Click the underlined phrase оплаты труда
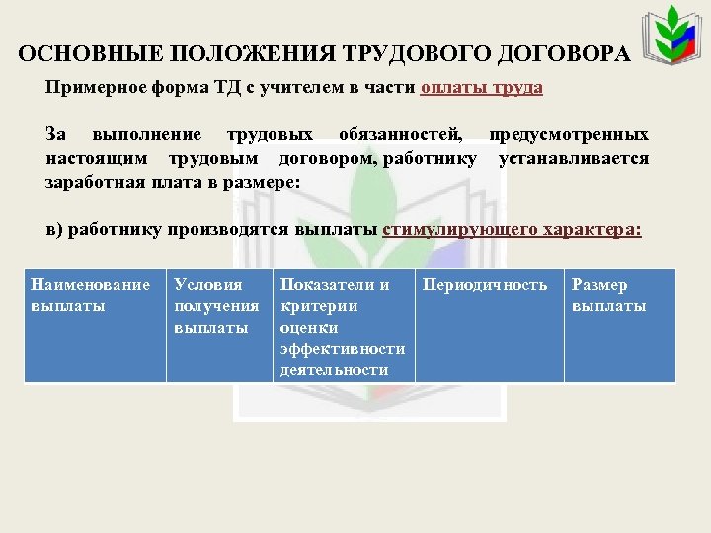click(481, 87)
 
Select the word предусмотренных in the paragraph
click(574, 134)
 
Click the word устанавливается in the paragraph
click(574, 158)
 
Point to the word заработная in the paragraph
click(92, 183)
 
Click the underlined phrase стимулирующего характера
click(512, 230)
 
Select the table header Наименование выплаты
click(91, 295)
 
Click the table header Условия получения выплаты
click(215, 306)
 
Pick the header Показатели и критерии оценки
click(336, 305)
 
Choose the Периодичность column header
click(484, 285)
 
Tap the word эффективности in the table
click(342, 348)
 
